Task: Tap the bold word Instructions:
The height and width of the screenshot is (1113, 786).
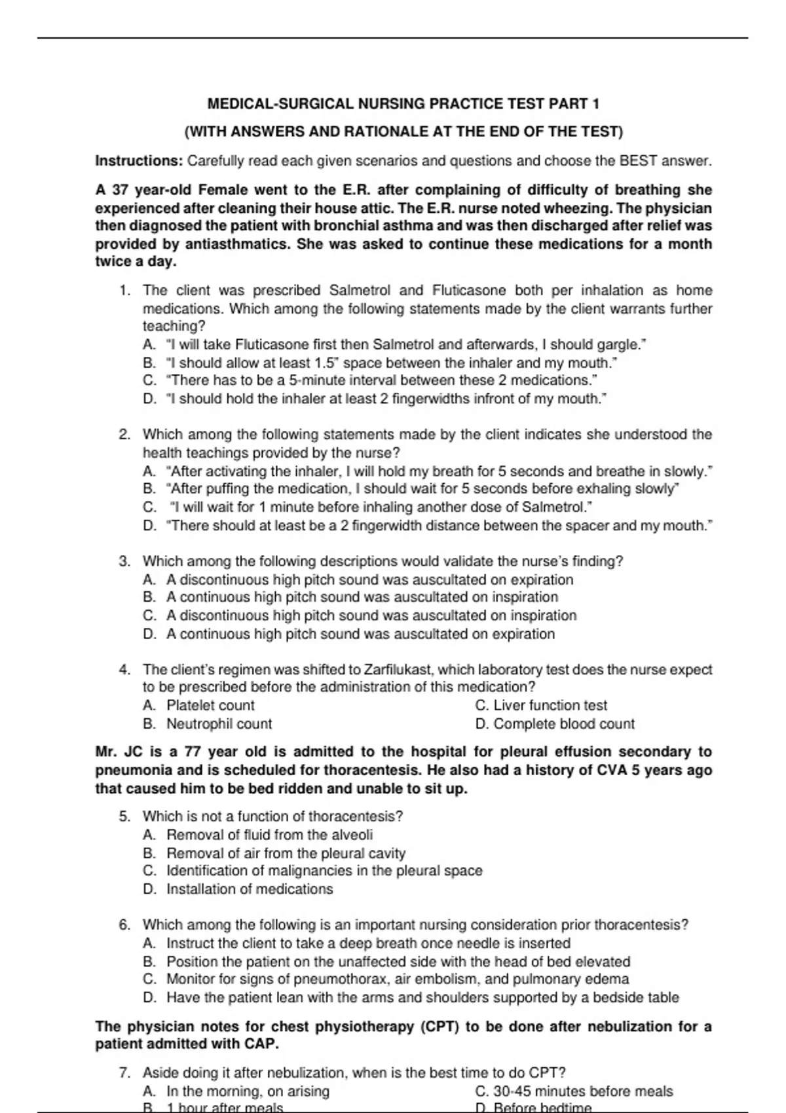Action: coord(139,160)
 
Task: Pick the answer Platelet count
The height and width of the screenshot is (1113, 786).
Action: coord(210,705)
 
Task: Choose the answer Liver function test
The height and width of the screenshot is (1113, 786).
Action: coord(550,705)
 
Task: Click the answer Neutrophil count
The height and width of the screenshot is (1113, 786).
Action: coord(219,723)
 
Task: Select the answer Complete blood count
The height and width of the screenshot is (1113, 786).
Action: coord(564,723)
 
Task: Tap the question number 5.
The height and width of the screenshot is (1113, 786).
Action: coord(124,816)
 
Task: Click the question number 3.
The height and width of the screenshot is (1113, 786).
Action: coord(124,561)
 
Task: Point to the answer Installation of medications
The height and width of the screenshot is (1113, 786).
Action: coord(250,889)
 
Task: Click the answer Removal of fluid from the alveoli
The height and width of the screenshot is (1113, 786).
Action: coord(269,835)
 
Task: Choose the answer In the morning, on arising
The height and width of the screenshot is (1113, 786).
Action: coord(248,1091)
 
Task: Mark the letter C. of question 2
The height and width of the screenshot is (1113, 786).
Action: coord(150,507)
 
